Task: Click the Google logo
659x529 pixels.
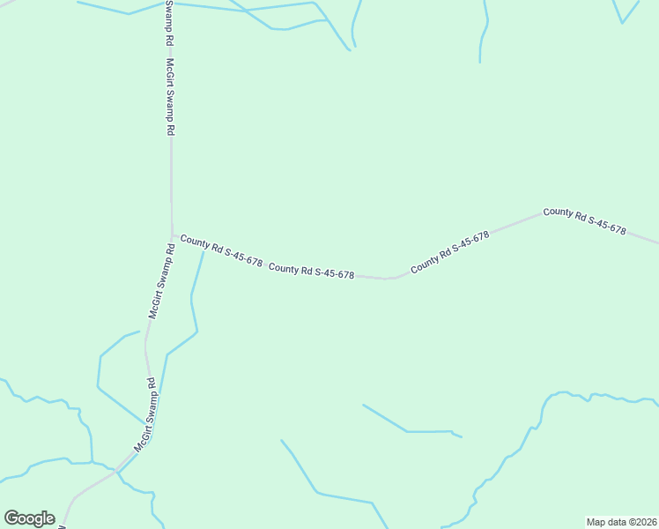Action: point(29,518)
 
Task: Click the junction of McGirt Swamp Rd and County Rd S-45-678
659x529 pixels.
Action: point(172,235)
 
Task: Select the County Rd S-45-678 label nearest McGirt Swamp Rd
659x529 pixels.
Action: point(221,250)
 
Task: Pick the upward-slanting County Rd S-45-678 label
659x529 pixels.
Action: point(449,250)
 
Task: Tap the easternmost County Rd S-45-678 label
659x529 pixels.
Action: point(584,221)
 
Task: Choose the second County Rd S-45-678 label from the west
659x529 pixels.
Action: point(311,271)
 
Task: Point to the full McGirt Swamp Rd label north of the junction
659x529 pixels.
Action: point(171,96)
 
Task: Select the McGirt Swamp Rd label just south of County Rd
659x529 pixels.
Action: point(162,280)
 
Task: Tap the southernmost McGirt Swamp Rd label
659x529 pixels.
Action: point(144,415)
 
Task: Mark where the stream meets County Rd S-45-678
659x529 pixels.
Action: point(204,250)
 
